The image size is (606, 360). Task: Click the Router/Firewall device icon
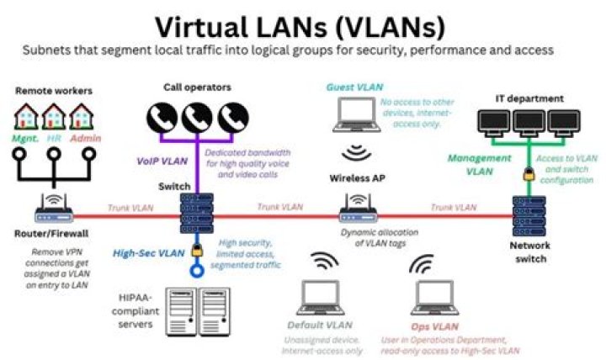pos(54,209)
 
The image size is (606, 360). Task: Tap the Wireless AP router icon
pos(358,209)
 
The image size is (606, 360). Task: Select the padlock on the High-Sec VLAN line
pos(197,251)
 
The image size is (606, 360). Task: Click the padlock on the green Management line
pos(529,174)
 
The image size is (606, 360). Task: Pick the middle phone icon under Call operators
pos(197,118)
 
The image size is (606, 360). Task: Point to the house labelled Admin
pos(81,116)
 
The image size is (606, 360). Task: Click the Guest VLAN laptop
pos(356,114)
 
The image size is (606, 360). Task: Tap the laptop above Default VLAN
pos(321,298)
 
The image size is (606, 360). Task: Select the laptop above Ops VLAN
pos(434,298)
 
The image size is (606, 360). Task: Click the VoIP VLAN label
pos(162,161)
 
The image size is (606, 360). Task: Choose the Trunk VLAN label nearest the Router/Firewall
pos(130,208)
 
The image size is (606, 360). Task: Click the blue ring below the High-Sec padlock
pos(197,270)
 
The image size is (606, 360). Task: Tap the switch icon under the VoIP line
pos(197,213)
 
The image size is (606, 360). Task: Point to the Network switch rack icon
pos(529,216)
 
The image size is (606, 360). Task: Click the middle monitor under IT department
pos(529,123)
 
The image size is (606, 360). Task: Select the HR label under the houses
pos(54,138)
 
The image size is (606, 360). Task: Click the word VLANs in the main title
pos(391,27)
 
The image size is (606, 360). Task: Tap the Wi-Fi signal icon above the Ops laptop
pos(422,264)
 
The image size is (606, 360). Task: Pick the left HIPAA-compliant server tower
pos(181,311)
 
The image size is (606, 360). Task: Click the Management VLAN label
pos(479,165)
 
